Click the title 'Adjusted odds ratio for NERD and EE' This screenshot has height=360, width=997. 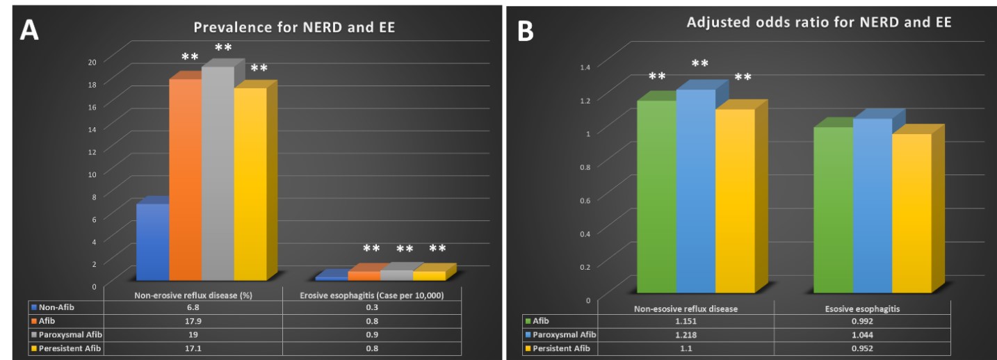pos(818,22)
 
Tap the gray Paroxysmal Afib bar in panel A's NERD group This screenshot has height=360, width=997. pos(218,174)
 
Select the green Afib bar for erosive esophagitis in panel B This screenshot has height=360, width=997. pos(833,208)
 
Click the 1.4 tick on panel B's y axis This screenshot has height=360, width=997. pos(584,67)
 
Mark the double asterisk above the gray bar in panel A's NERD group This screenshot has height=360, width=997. pos(223,48)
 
